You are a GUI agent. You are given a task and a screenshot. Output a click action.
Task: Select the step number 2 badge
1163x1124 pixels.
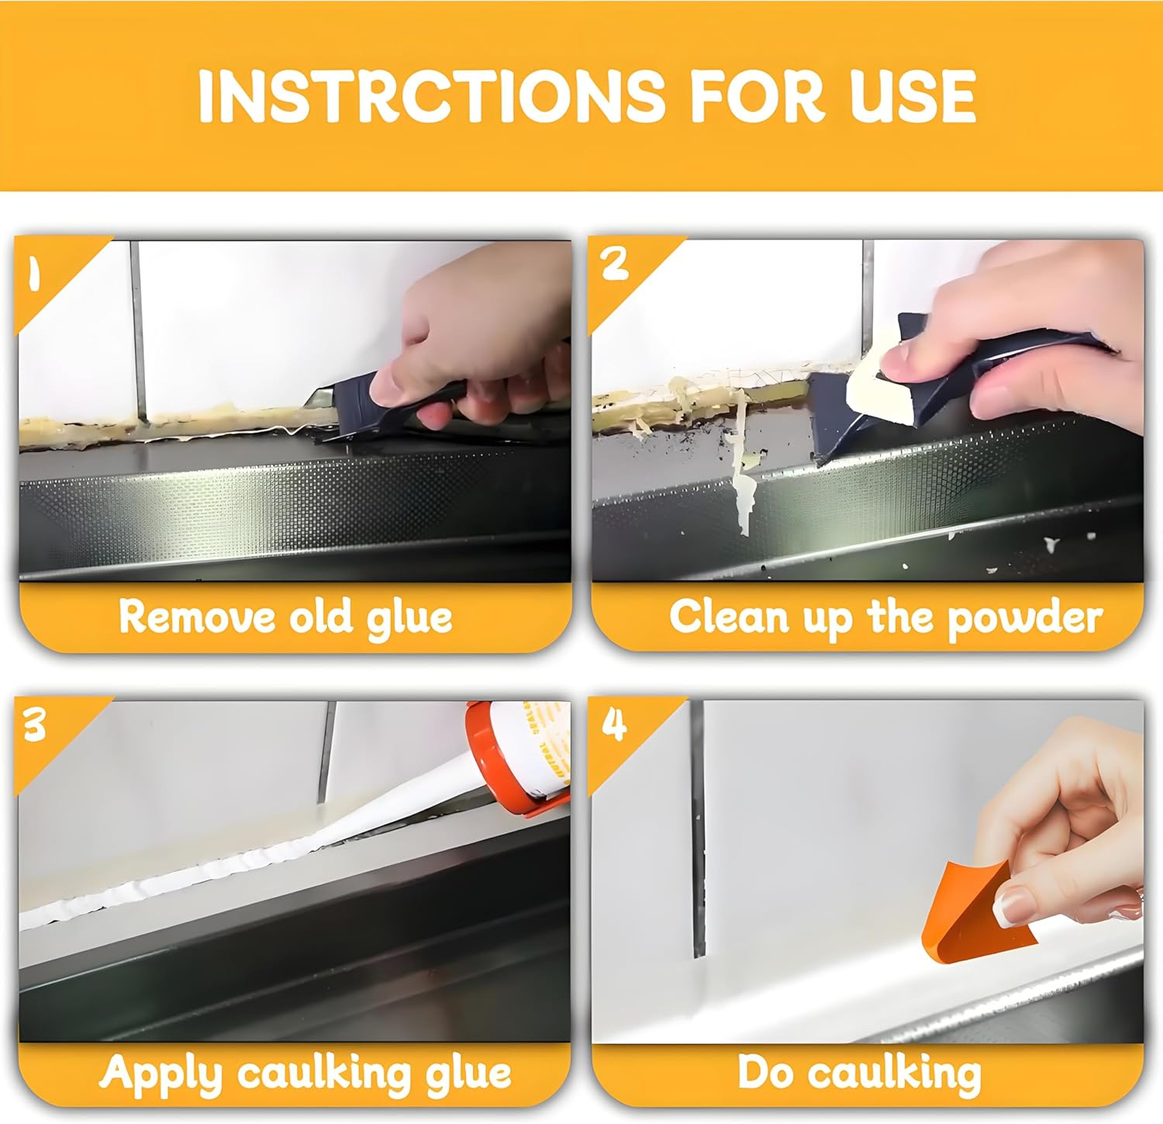click(x=614, y=265)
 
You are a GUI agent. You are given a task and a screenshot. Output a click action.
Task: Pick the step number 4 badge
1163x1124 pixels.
click(x=614, y=725)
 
